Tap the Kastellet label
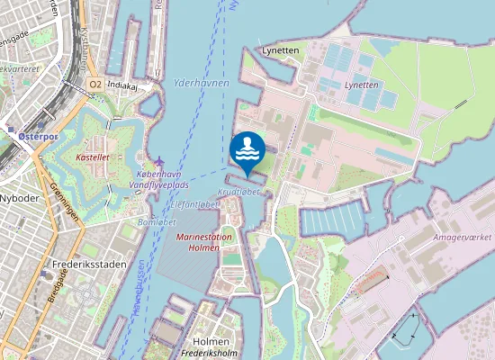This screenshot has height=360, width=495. coord(93,157)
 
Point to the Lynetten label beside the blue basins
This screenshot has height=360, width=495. coord(362,84)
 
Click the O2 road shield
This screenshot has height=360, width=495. coord(94,84)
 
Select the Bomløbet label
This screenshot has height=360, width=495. coord(157,221)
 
